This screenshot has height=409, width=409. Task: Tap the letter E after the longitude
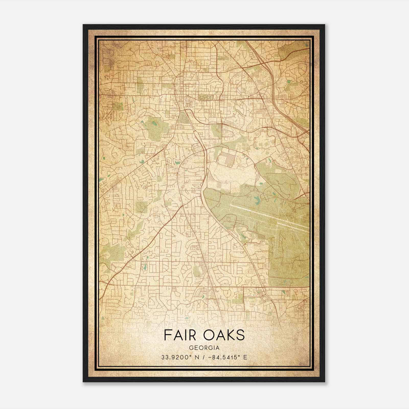click(x=245, y=357)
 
